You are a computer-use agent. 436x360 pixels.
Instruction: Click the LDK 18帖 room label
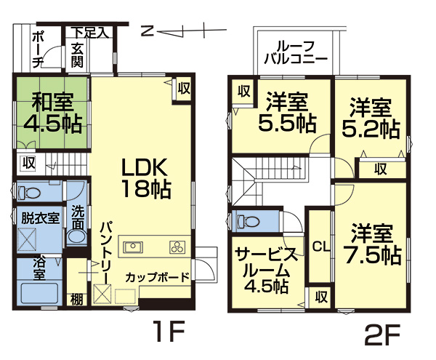click(145, 178)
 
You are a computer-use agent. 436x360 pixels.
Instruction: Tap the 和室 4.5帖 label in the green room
click(53, 113)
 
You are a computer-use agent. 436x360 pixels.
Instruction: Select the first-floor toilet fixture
click(30, 192)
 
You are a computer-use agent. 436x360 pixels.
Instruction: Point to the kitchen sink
click(133, 247)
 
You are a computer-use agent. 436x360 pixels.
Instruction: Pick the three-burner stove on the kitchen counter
click(177, 247)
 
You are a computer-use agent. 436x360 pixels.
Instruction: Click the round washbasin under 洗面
click(77, 236)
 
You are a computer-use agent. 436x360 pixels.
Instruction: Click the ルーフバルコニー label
click(296, 52)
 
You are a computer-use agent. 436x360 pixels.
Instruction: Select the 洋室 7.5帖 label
click(373, 244)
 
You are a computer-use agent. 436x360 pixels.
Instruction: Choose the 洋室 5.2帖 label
click(371, 118)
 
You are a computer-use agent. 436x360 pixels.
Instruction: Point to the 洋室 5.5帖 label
click(288, 112)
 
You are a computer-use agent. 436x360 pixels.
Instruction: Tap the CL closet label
click(321, 247)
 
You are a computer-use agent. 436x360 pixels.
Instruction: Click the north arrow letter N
click(147, 31)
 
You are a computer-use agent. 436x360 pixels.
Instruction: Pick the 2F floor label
click(382, 335)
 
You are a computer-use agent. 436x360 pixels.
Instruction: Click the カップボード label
click(158, 277)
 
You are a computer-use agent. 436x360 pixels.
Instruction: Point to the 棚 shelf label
click(76, 300)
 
